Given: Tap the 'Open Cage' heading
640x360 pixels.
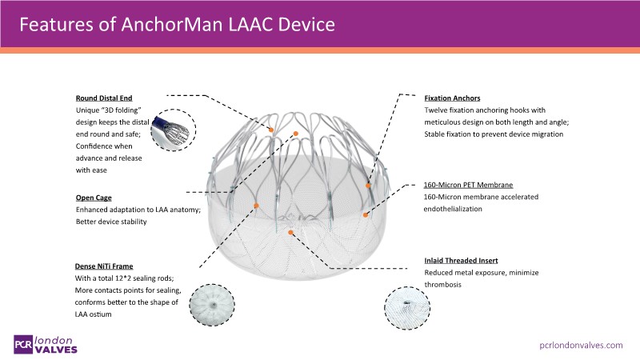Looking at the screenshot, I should click(94, 196).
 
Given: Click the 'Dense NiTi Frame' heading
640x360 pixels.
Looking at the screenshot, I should click(104, 265).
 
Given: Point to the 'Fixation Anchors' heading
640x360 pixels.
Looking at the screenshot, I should click(452, 98).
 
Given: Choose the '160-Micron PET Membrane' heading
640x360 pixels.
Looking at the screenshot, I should click(468, 185).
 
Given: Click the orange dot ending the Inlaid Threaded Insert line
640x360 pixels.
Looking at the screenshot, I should click(292, 232).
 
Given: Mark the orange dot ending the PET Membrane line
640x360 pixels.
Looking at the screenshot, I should click(366, 214).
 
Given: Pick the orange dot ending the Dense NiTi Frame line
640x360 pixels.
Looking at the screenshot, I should click(257, 206).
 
